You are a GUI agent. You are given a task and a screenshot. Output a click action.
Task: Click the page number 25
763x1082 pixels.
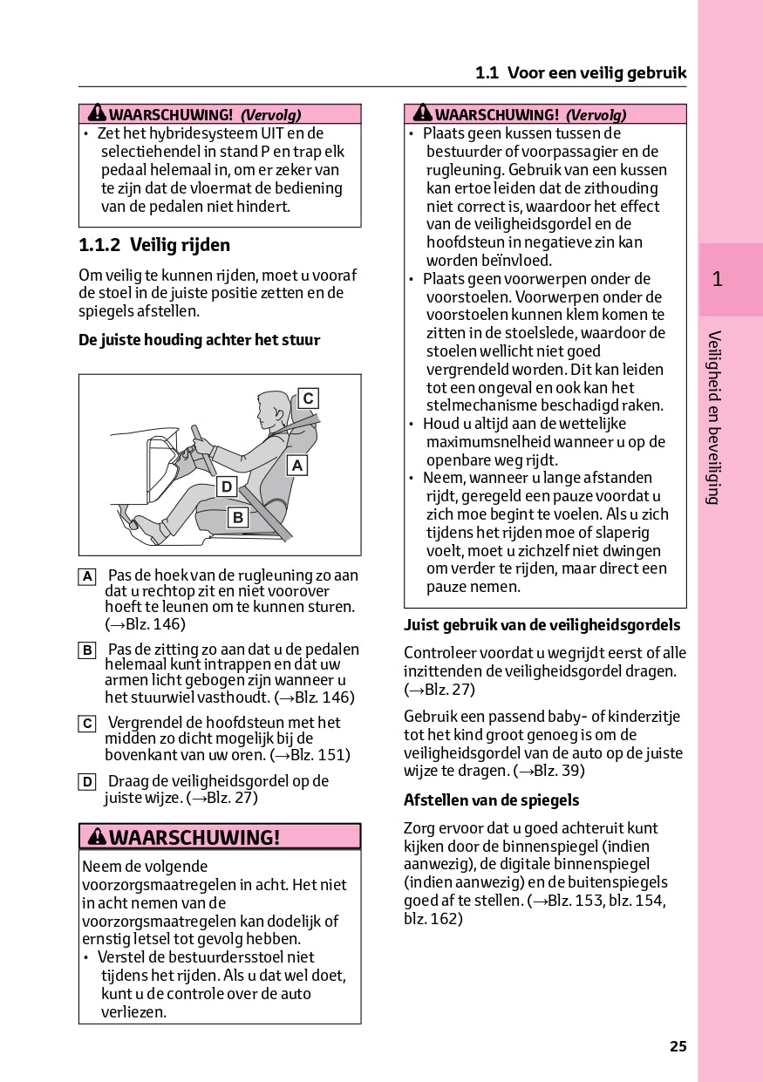pos(678,1046)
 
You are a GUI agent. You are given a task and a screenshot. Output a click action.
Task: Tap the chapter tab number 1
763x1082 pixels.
pos(717,280)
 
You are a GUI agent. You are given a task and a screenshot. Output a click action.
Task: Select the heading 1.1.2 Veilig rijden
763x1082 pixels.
pos(154,246)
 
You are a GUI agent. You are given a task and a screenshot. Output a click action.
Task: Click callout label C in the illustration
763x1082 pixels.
pos(308,399)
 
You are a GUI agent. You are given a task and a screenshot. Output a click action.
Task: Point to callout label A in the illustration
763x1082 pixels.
pos(296,466)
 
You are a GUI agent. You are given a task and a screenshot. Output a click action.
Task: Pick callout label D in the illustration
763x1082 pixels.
pos(227,487)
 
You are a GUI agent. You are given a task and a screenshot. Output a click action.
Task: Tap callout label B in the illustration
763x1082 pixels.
pos(236,518)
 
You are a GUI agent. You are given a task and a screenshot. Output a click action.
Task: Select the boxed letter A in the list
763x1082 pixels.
pos(87,576)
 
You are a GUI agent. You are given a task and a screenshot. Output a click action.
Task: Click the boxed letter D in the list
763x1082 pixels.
pos(87,782)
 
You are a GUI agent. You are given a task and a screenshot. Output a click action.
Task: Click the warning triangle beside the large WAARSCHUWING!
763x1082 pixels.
pos(96,838)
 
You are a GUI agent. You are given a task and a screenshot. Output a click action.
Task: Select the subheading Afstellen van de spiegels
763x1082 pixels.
pos(491,800)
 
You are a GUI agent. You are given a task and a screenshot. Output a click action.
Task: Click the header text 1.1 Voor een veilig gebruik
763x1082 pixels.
pos(581,73)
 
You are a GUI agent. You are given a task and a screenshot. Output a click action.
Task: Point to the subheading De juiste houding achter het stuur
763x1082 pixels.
pos(199,341)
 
